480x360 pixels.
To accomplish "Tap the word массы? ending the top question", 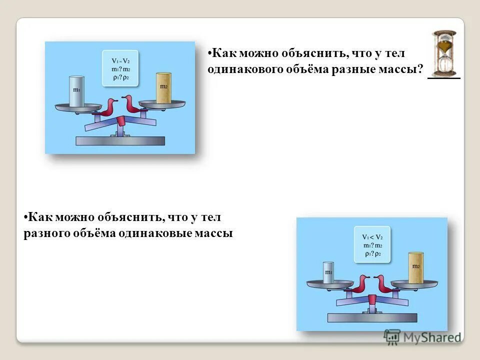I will pyautogui.click(x=400, y=69).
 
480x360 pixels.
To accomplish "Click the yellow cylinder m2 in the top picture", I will pyautogui.click(x=163, y=87).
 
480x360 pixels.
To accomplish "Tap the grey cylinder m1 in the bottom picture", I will pyautogui.click(x=328, y=273).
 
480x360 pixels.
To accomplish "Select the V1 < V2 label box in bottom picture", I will pyautogui.click(x=372, y=244).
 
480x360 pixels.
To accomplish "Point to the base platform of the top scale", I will pyautogui.click(x=119, y=141).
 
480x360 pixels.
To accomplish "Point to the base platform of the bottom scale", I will pyautogui.click(x=372, y=317).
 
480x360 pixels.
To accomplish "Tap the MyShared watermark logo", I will pyautogui.click(x=422, y=337).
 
